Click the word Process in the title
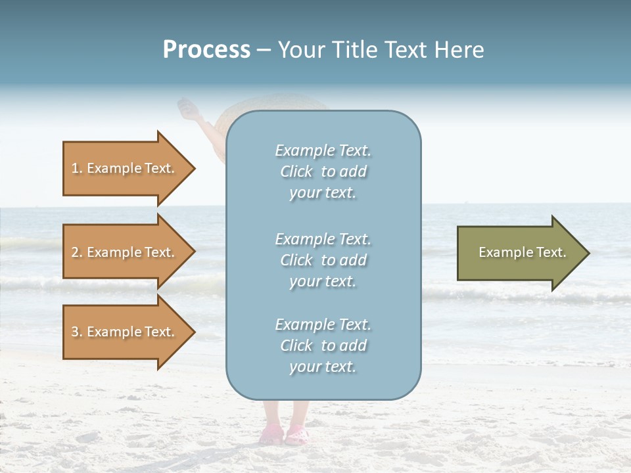(206, 50)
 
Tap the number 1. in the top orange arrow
(77, 168)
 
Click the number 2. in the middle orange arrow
(77, 252)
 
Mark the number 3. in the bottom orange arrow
(77, 332)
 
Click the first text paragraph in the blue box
(323, 171)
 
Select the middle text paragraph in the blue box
(323, 259)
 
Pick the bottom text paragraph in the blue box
(323, 346)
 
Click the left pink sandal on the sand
(272, 435)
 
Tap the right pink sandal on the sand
(297, 434)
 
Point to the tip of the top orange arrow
(194, 168)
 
